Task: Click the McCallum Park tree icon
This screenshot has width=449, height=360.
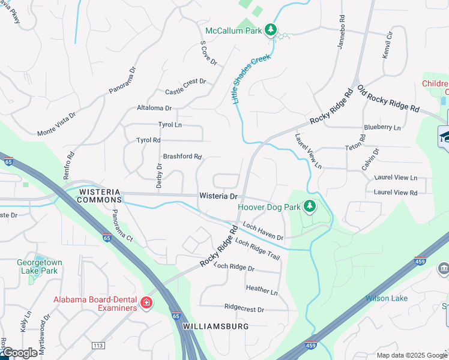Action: pyautogui.click(x=271, y=29)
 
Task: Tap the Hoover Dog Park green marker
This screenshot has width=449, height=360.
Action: pyautogui.click(x=310, y=206)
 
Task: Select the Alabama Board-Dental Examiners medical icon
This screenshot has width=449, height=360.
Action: pyautogui.click(x=146, y=304)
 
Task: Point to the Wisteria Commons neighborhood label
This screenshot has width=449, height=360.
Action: pyautogui.click(x=100, y=196)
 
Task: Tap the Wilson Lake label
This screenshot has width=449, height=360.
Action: pyautogui.click(x=387, y=298)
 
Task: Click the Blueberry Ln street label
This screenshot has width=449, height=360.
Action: pyautogui.click(x=382, y=127)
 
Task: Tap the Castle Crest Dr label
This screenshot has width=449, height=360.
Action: pyautogui.click(x=185, y=87)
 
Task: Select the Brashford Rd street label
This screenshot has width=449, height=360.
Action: pyautogui.click(x=182, y=157)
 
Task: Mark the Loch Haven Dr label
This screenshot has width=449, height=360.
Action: pyautogui.click(x=263, y=232)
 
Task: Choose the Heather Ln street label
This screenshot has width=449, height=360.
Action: pyautogui.click(x=262, y=289)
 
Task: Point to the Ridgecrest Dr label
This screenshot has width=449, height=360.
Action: pyautogui.click(x=244, y=308)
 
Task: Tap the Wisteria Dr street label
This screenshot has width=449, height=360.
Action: pyautogui.click(x=218, y=196)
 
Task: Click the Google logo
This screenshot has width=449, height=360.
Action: pyautogui.click(x=19, y=353)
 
